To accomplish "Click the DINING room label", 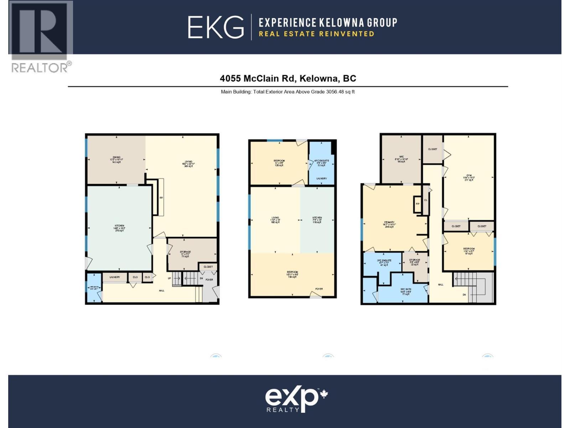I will [x=116, y=159].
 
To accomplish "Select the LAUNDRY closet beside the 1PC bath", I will [x=115, y=277].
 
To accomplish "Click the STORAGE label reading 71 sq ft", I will [x=185, y=254].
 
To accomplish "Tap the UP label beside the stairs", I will [x=170, y=278].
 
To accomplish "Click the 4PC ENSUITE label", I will [x=322, y=163].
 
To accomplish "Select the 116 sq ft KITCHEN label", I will [x=317, y=220].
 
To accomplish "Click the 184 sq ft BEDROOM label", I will [x=292, y=274].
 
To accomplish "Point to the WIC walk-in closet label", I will [x=401, y=159].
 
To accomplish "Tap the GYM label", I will [x=469, y=177].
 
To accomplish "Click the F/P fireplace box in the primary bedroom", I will [x=418, y=204].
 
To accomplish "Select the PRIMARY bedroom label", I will [x=389, y=224].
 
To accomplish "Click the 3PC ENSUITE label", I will [x=384, y=263].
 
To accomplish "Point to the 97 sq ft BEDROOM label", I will [x=469, y=251].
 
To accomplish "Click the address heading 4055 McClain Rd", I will [x=288, y=78].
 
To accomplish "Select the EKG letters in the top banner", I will [x=216, y=27].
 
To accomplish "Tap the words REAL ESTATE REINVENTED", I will [x=316, y=34].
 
